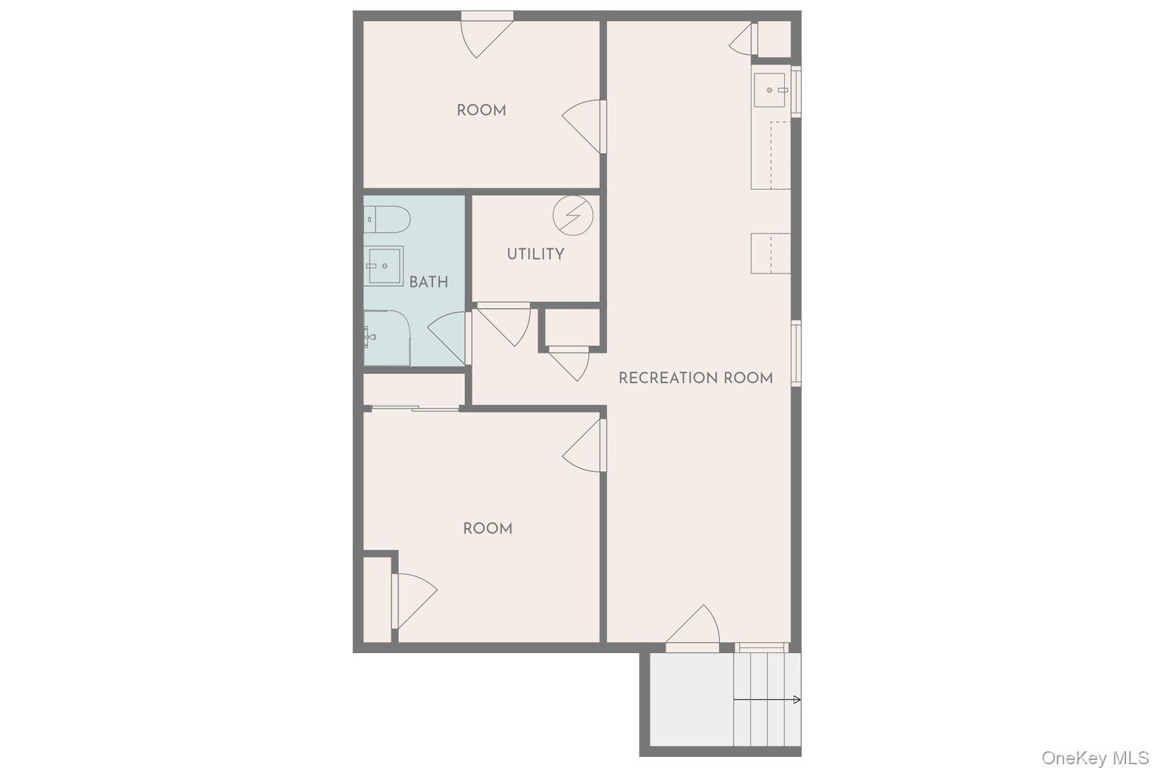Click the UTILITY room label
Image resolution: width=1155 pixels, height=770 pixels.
535,254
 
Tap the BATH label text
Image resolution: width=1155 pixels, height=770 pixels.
428,282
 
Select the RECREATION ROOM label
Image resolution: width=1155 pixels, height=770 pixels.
695,378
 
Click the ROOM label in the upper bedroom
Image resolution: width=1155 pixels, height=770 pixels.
481,110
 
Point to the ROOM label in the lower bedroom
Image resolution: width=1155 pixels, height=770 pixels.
487,528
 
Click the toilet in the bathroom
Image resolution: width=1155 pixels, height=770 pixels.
387,219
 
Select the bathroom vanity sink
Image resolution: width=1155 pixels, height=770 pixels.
384,266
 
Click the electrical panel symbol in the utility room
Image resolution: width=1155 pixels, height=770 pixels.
573,214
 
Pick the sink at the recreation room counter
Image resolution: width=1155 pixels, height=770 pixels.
770,90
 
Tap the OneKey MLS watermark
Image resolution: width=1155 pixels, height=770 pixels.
1094,758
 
